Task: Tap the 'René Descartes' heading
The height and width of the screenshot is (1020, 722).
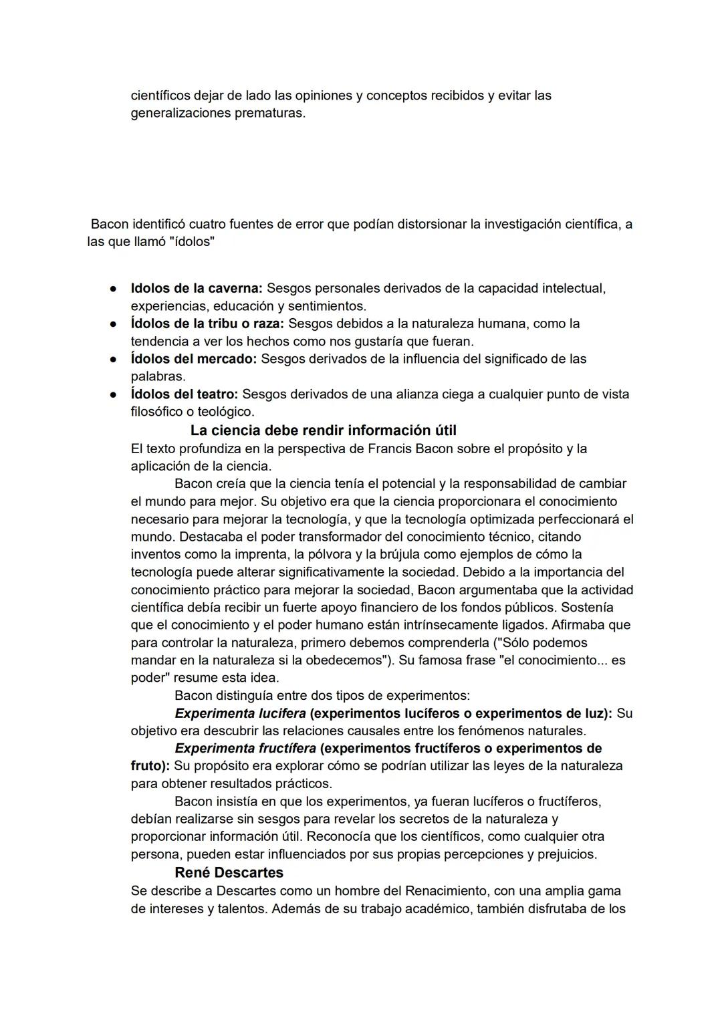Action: [229, 872]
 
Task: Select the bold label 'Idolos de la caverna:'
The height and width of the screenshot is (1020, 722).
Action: [197, 288]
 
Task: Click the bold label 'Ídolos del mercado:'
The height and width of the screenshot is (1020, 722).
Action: [193, 359]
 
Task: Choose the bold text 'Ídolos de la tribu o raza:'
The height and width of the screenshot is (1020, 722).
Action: [207, 324]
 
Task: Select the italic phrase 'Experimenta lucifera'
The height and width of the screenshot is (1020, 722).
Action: [240, 713]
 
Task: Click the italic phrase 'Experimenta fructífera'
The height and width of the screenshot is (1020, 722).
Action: [245, 748]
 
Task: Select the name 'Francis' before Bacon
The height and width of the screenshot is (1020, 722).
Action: [390, 448]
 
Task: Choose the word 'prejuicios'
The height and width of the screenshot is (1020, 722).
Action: [562, 854]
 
